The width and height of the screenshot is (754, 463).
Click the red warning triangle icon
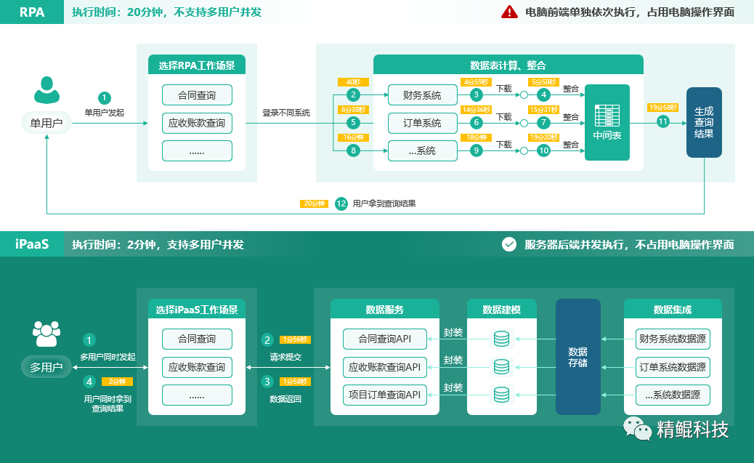click(x=509, y=12)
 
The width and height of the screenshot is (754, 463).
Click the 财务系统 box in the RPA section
click(x=423, y=95)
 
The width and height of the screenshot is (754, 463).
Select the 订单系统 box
click(x=423, y=123)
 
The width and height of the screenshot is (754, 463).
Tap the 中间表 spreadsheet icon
click(x=607, y=117)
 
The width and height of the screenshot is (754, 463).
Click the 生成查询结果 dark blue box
click(x=704, y=122)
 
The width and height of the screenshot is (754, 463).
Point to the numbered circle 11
click(x=662, y=122)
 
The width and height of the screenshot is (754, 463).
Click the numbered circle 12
click(x=341, y=204)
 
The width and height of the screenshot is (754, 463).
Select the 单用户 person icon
click(x=46, y=90)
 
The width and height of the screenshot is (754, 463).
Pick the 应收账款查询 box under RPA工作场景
click(x=197, y=123)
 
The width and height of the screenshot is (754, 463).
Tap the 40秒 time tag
click(x=353, y=82)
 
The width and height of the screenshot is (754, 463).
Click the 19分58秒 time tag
click(x=662, y=108)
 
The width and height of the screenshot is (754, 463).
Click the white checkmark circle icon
click(x=509, y=244)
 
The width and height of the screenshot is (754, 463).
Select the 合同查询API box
click(x=384, y=339)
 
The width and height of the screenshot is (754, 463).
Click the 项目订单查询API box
click(x=384, y=395)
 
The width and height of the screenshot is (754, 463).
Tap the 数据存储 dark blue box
click(x=577, y=357)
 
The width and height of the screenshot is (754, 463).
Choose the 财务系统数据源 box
click(x=673, y=339)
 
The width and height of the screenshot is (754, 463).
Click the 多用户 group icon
click(x=46, y=334)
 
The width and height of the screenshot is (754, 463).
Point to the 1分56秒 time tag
click(x=295, y=339)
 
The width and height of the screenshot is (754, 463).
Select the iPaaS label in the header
click(x=32, y=244)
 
